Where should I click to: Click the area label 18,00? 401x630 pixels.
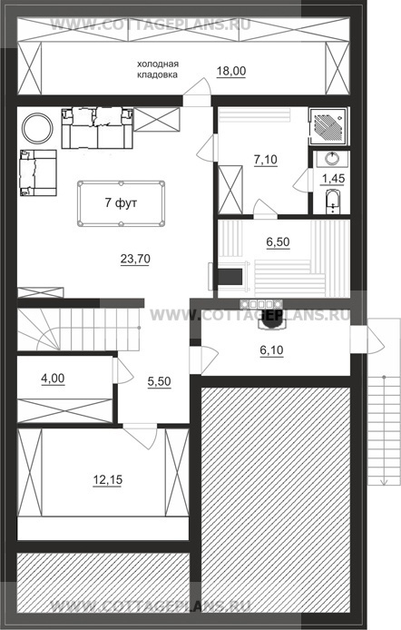coord(231,71)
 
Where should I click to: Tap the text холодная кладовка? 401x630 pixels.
coord(158,69)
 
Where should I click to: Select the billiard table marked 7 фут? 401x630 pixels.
coord(121,203)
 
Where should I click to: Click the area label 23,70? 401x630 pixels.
coord(135,259)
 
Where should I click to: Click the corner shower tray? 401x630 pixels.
coord(328,126)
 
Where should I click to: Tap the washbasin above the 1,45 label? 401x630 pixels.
coord(332,158)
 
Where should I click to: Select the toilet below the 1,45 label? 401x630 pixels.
coord(332,202)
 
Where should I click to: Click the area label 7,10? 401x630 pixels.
coord(265,160)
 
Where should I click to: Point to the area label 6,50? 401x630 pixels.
coord(278,241)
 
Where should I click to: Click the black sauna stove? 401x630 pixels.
coord(230,277)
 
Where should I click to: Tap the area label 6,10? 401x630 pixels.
coord(272,350)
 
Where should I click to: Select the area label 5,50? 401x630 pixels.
coord(159,381)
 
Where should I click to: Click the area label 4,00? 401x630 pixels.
coord(53,379)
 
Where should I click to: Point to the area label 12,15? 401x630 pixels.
coord(108,479)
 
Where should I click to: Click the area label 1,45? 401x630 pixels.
coord(333,179)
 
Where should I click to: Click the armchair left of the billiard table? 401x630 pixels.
coord(38,172)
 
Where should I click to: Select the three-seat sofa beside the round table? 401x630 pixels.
coord(97,128)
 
